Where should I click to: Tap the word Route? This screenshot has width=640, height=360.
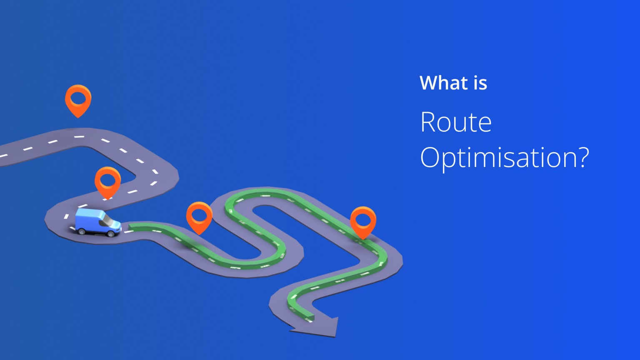(x=456, y=122)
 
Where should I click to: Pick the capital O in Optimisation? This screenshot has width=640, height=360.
(x=431, y=157)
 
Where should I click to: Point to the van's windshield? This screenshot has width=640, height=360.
(x=108, y=220)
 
